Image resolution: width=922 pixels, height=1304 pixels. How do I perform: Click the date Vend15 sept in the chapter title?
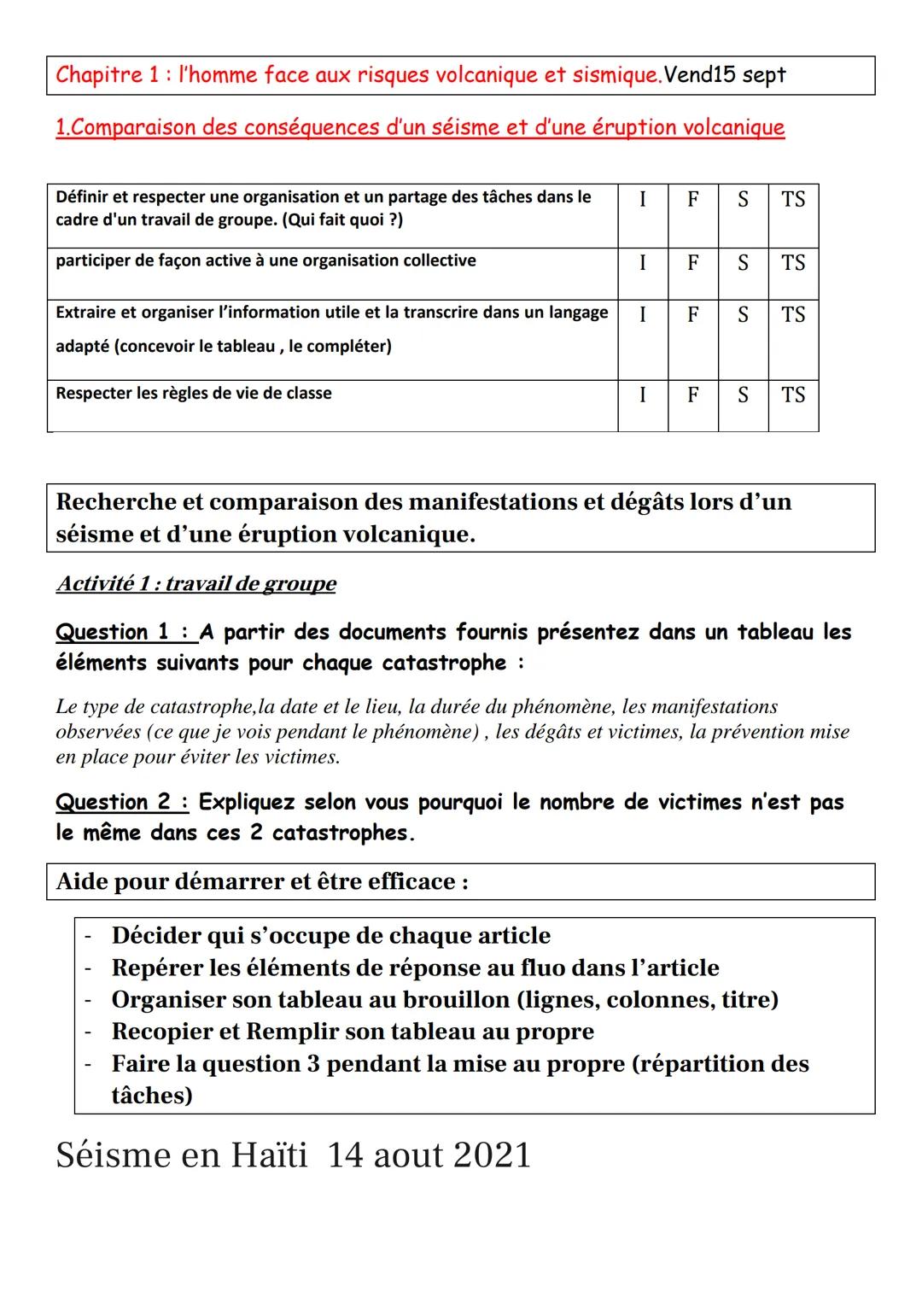click(x=725, y=75)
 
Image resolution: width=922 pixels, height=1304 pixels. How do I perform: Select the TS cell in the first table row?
click(x=793, y=200)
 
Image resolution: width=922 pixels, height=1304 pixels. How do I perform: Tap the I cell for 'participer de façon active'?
click(x=642, y=263)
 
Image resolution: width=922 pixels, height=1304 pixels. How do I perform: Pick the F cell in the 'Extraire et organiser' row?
click(x=692, y=315)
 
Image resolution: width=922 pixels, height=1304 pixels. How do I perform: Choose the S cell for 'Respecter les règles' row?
click(x=743, y=395)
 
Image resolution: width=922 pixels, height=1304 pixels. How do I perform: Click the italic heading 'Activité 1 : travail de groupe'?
click(x=195, y=584)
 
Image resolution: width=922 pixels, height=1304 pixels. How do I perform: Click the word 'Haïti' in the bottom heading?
click(x=267, y=1156)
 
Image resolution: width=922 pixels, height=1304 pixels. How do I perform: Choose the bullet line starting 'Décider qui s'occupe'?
click(x=330, y=936)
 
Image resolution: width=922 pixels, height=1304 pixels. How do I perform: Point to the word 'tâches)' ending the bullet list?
click(x=152, y=1096)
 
